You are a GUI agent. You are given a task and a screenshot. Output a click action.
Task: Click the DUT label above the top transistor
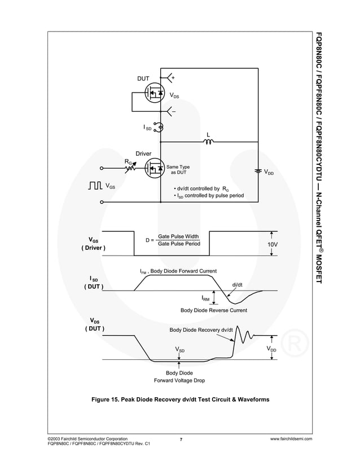tap(143, 79)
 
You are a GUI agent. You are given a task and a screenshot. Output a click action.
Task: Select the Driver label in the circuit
tap(142, 153)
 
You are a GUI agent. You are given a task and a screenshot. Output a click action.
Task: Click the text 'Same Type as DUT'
tap(178, 170)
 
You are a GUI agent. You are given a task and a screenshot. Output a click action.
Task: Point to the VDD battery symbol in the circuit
tap(258, 171)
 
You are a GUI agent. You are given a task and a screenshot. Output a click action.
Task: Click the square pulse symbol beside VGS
tap(95, 185)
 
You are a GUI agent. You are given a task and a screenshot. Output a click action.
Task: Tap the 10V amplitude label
tap(273, 244)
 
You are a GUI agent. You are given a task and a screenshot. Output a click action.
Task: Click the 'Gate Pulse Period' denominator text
tap(178, 244)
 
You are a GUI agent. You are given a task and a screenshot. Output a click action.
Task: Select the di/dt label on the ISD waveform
tap(238, 284)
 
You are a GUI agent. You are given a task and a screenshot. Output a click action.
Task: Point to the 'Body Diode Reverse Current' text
tap(213, 310)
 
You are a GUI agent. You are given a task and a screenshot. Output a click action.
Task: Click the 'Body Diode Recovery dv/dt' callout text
tap(201, 329)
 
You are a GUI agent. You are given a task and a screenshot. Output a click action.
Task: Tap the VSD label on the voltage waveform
tap(179, 350)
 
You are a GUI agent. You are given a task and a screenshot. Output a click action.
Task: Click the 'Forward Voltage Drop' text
tap(179, 381)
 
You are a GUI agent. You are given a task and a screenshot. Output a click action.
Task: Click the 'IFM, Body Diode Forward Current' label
tap(178, 271)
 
